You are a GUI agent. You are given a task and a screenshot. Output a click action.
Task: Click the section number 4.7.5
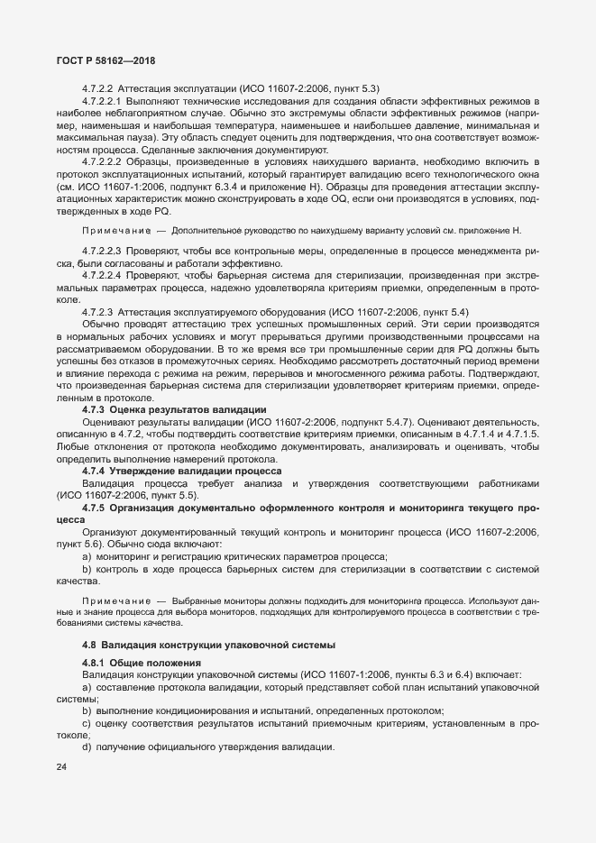pyautogui.click(x=94, y=509)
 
